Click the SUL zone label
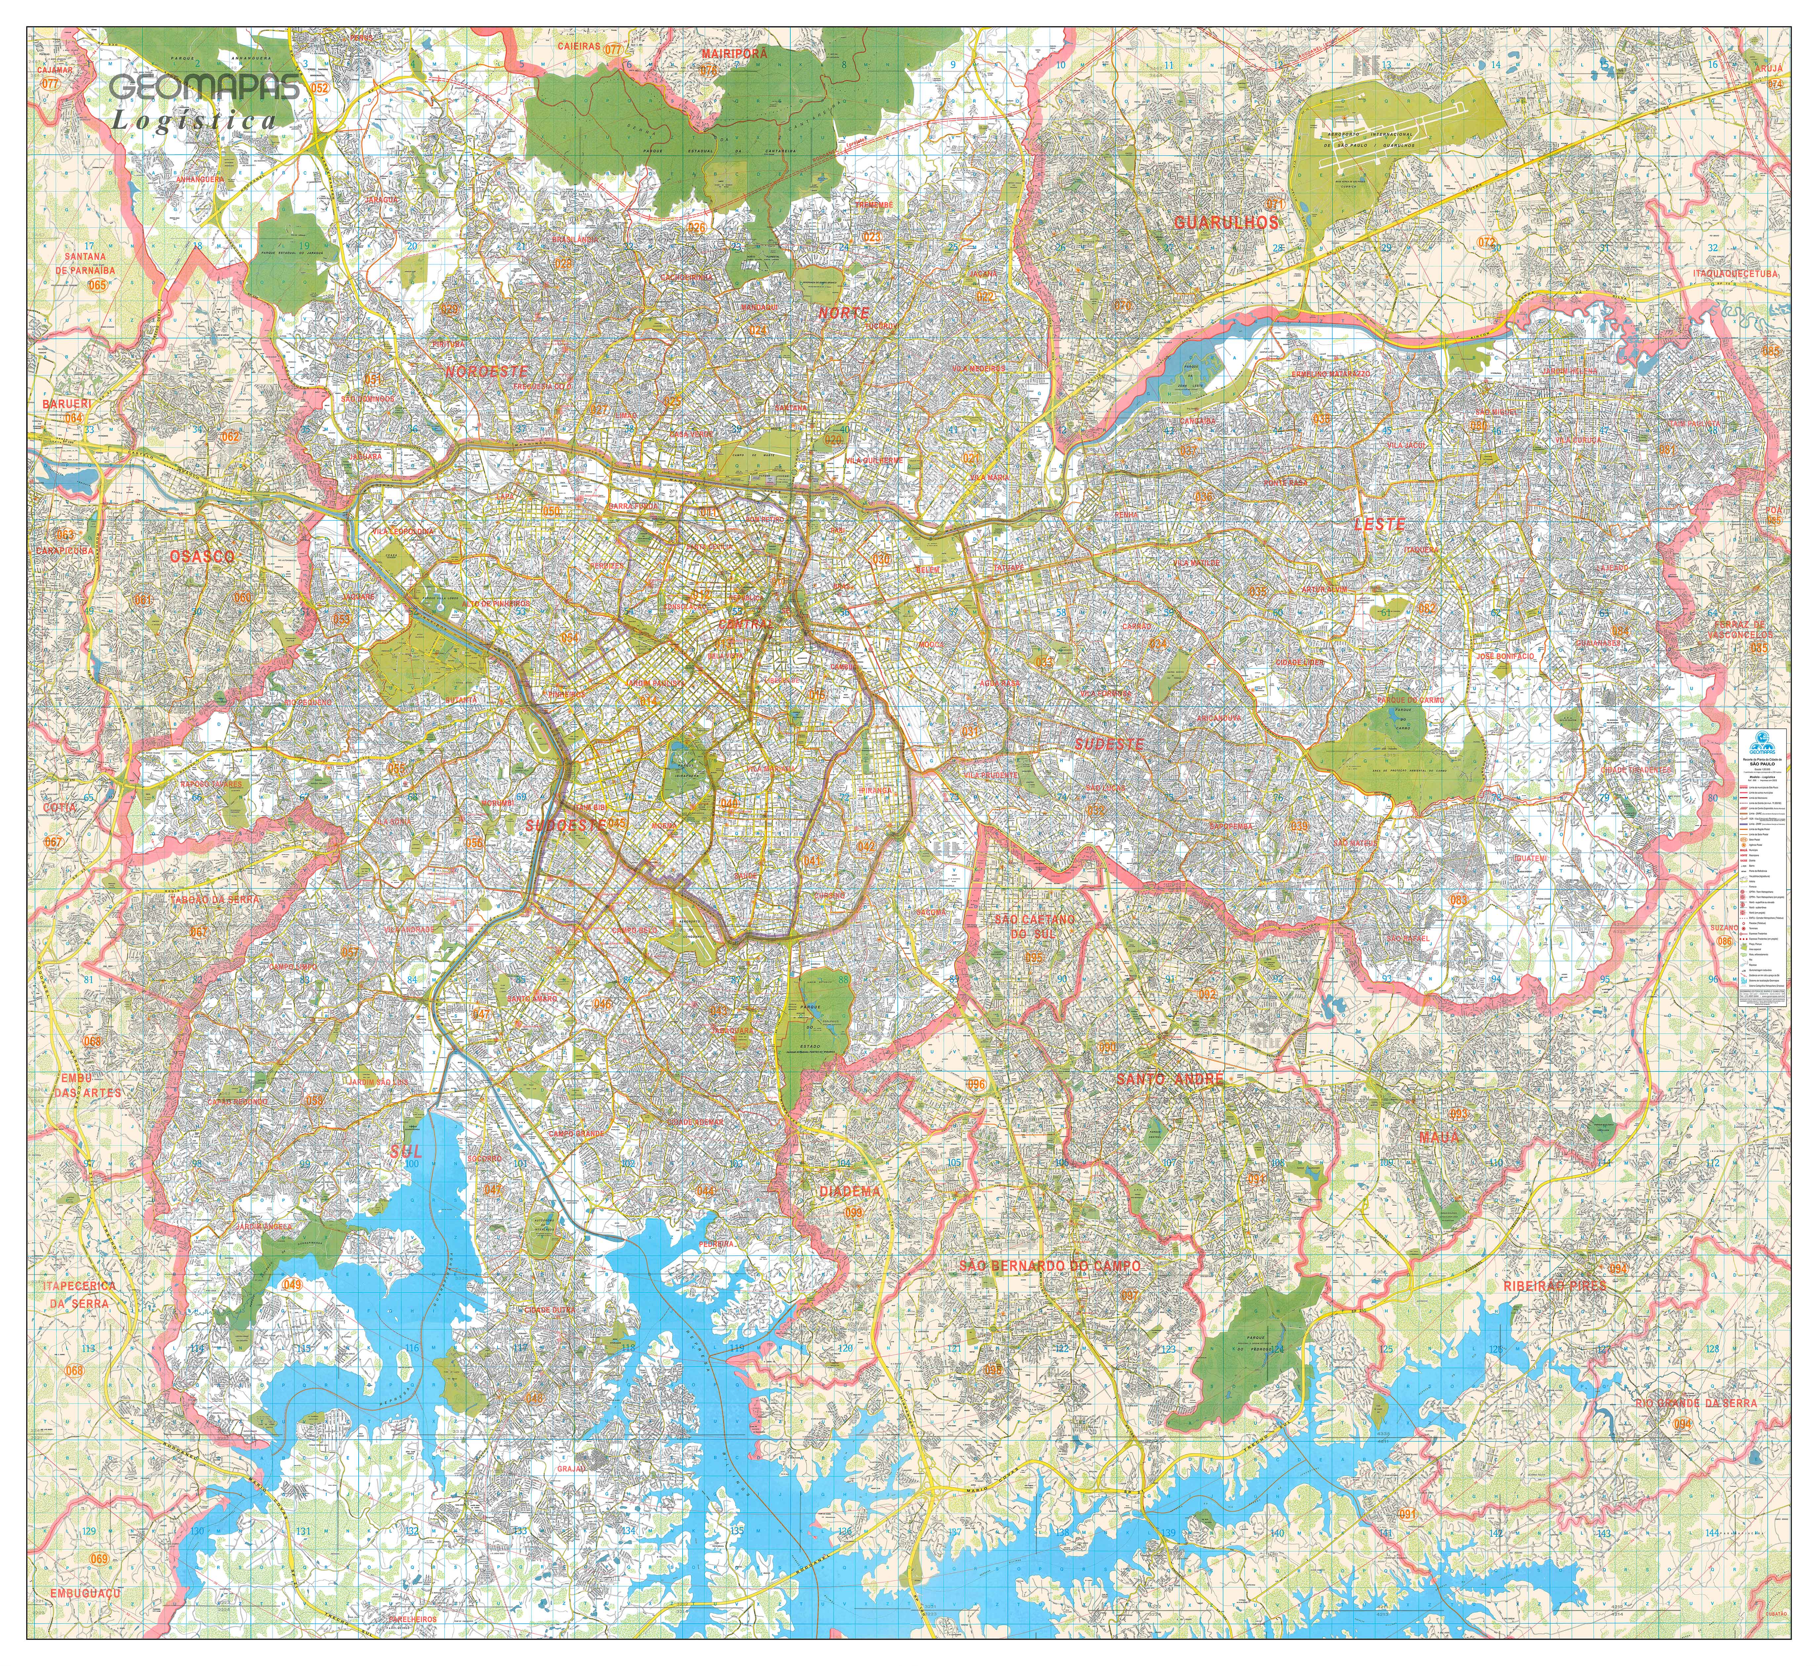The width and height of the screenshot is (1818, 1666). coord(406,1151)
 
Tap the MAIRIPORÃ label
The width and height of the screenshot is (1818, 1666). coord(734,53)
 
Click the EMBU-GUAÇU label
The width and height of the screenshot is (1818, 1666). coord(85,1594)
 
